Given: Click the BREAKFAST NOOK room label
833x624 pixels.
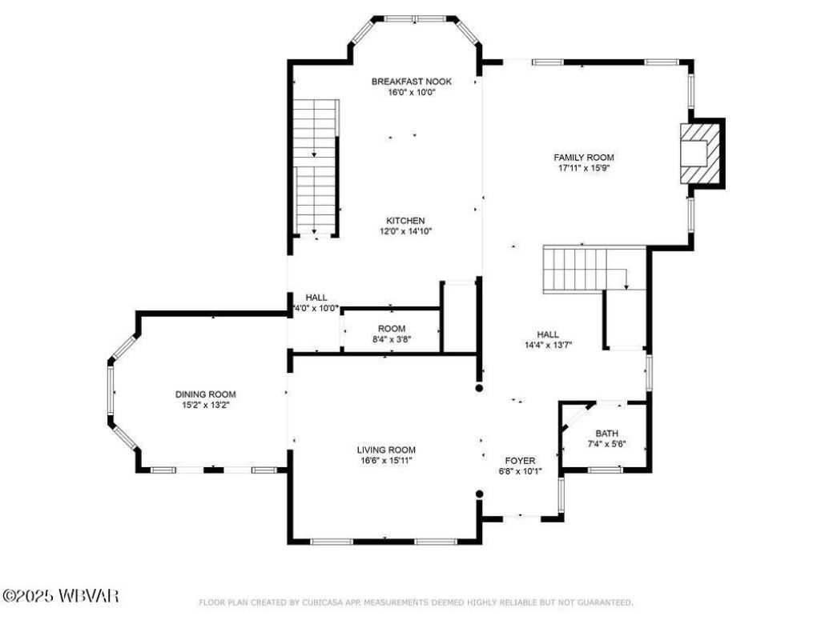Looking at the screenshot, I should pos(412,82).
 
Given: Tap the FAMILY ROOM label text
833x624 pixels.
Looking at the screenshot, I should pos(585,158).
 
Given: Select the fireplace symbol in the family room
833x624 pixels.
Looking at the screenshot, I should pos(695,152).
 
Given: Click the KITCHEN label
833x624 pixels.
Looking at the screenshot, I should pos(405,221).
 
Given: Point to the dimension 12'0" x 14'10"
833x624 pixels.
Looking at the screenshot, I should pos(405,232).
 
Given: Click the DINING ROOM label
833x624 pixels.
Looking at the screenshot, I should pos(206,394).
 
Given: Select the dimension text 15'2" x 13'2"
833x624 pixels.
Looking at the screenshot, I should pos(206,406).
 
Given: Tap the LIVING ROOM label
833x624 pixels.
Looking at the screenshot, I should pos(386,450).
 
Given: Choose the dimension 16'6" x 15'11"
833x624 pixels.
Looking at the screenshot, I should pos(386,461).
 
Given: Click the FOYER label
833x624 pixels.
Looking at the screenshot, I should pos(520,461).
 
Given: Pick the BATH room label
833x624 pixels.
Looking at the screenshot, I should pos(606,434).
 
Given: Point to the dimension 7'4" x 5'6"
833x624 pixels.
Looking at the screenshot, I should pos(606,445).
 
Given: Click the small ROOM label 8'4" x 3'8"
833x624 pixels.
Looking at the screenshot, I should pos(392,329).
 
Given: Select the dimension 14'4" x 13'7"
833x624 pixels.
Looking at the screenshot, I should pos(548,346).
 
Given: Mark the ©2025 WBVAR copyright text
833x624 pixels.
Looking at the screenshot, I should pos(61,596).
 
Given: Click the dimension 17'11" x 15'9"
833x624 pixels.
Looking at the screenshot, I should pos(585,169).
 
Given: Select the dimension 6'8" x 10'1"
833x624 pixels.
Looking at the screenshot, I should pos(520,471).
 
